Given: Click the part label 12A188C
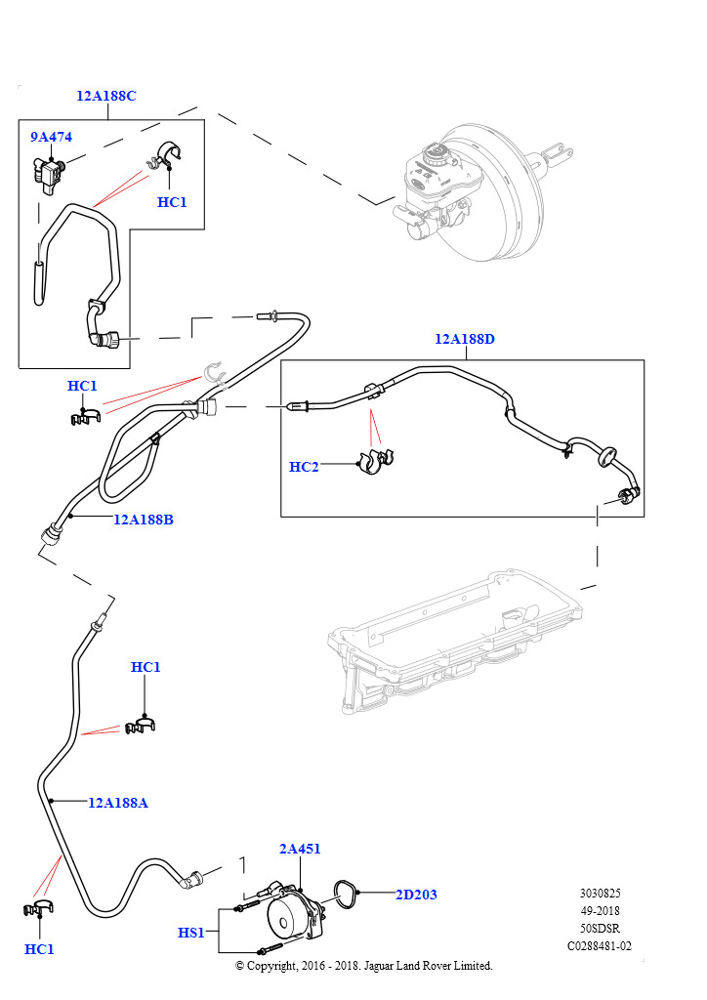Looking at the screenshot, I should pyautogui.click(x=106, y=96).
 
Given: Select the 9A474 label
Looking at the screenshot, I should pyautogui.click(x=51, y=138).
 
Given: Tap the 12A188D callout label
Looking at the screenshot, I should pyautogui.click(x=465, y=340).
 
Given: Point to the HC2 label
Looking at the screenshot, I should pyautogui.click(x=304, y=468).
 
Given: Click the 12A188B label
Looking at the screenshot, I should pyautogui.click(x=143, y=520).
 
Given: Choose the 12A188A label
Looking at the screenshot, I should pyautogui.click(x=118, y=803).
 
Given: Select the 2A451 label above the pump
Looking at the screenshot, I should pyautogui.click(x=300, y=850).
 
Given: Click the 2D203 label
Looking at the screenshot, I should pyautogui.click(x=417, y=894).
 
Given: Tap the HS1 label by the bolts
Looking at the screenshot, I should pyautogui.click(x=190, y=934).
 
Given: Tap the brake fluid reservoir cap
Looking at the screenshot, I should pyautogui.click(x=437, y=154).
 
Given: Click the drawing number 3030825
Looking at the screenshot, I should pyautogui.click(x=600, y=894).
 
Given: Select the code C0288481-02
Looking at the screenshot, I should pyautogui.click(x=600, y=946).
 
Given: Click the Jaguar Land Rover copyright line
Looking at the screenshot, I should pyautogui.click(x=364, y=966).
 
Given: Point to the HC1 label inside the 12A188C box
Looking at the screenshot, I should pyautogui.click(x=171, y=202).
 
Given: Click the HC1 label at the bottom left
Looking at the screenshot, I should pyautogui.click(x=39, y=949).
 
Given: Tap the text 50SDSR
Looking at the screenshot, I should pyautogui.click(x=600, y=929).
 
